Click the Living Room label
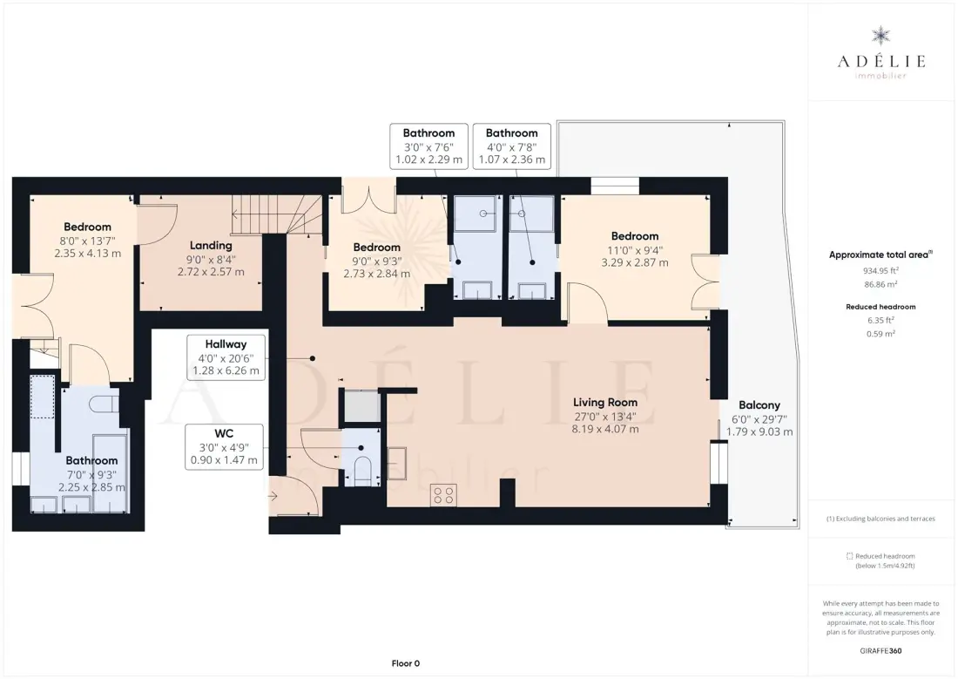605,403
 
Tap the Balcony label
759,405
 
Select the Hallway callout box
226,357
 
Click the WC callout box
224,446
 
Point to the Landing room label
211,245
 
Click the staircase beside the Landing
276,214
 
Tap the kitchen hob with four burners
443,495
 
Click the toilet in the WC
361,469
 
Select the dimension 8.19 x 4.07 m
605,430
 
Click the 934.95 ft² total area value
880,270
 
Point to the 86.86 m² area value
880,284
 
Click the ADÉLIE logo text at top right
881,60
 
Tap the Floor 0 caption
406,663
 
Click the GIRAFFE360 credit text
880,651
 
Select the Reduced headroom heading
880,307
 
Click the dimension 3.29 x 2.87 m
635,263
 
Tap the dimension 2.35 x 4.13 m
87,254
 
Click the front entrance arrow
273,496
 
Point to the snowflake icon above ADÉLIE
881,36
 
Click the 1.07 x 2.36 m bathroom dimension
512,160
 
